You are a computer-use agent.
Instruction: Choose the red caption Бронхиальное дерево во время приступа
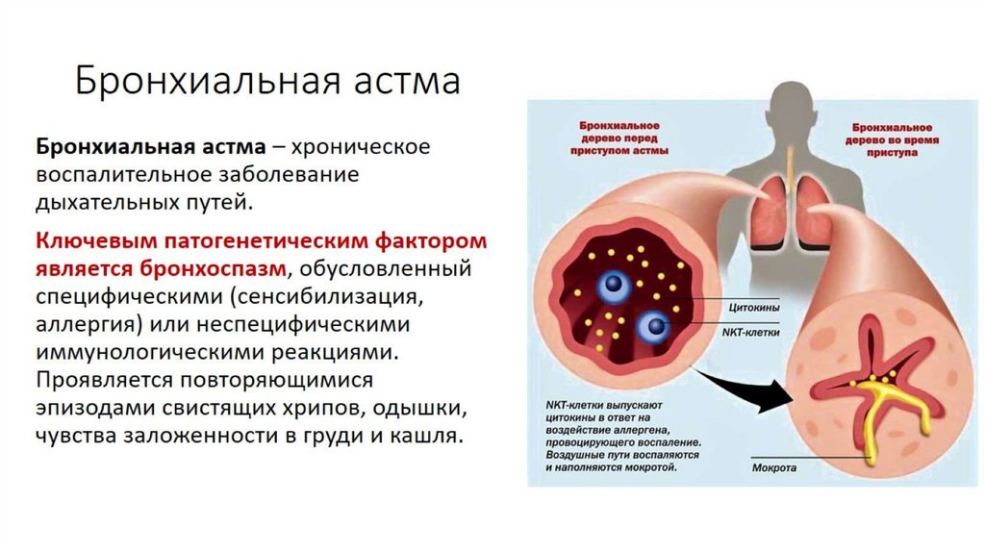894,139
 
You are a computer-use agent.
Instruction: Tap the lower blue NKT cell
656,326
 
